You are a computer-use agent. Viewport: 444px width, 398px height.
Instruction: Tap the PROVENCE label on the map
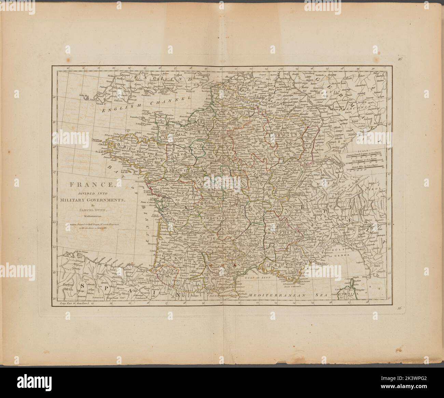(x=286, y=264)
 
